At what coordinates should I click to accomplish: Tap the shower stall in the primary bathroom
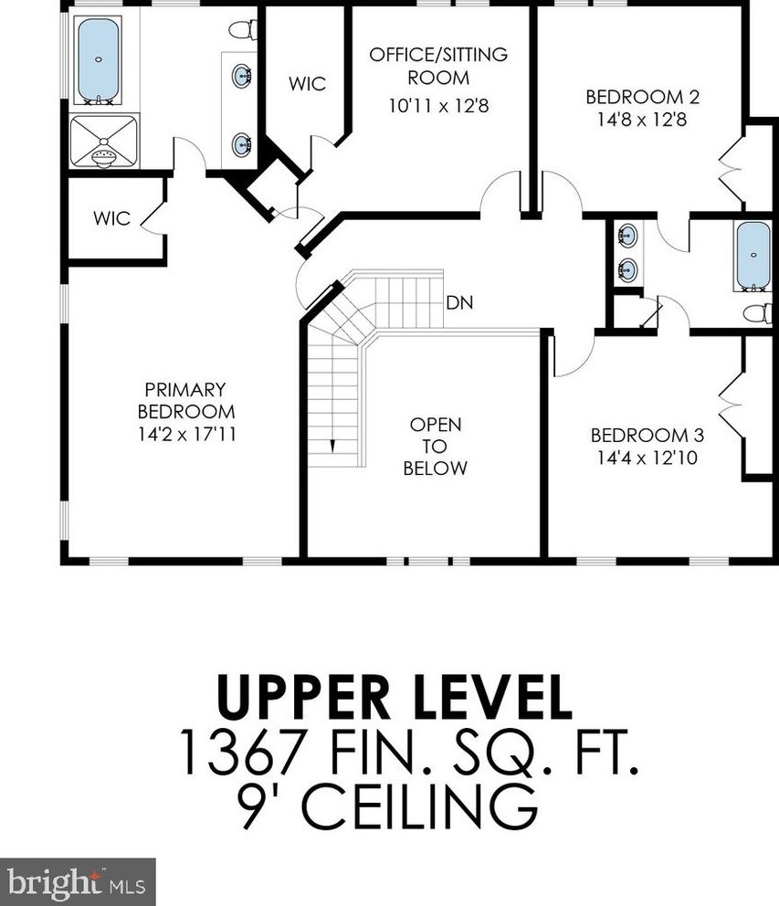[x=104, y=142]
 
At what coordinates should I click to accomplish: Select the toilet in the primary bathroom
[x=243, y=29]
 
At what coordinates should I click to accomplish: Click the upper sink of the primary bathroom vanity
[x=242, y=74]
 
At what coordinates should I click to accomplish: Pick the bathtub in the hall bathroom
[x=753, y=256]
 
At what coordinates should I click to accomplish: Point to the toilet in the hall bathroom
[x=758, y=313]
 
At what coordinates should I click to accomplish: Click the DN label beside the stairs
[x=459, y=302]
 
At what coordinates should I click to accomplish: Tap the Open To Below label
[x=435, y=446]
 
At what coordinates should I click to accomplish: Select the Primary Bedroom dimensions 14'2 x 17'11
[x=187, y=434]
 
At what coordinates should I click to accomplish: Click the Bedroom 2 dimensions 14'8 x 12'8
[x=642, y=120]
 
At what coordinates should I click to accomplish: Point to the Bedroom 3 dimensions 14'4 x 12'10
[x=647, y=458]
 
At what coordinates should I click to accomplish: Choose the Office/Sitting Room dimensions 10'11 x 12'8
[x=438, y=106]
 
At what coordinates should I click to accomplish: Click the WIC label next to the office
[x=308, y=84]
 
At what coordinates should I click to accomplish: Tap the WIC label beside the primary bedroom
[x=111, y=218]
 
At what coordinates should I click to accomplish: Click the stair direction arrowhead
[x=332, y=446]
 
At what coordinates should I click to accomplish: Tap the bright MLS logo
[x=78, y=883]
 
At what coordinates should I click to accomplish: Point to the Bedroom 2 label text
[x=643, y=97]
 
